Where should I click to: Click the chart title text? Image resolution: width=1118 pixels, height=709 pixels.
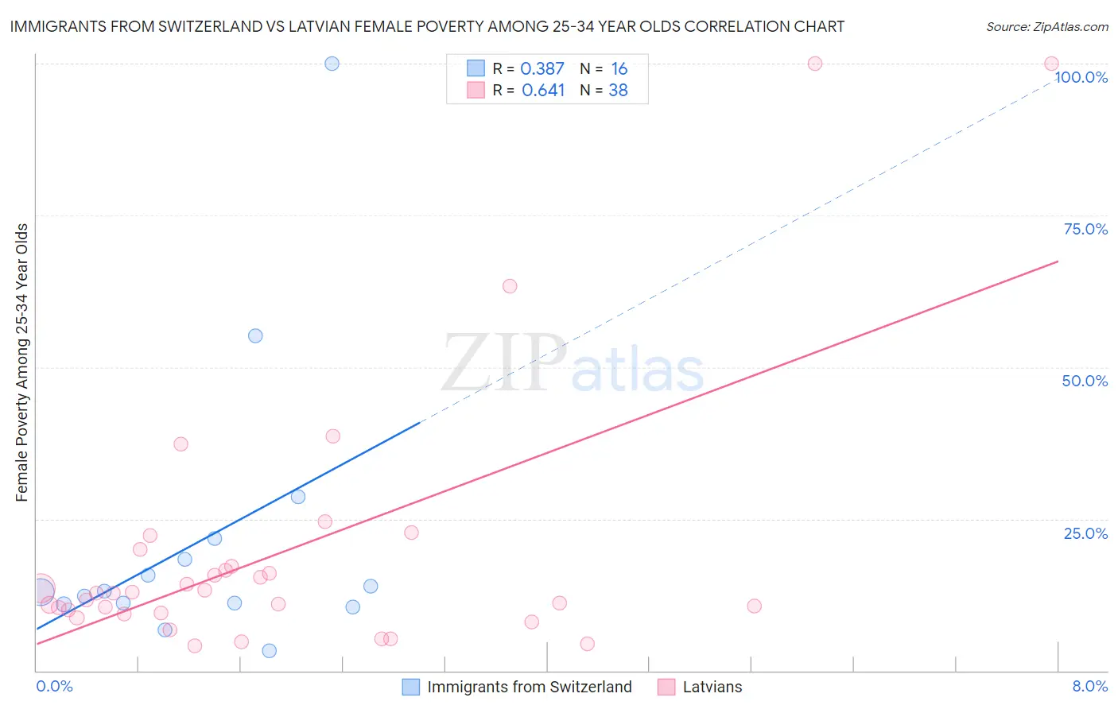tap(427, 26)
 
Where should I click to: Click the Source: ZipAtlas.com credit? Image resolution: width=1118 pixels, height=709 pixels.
tap(1046, 26)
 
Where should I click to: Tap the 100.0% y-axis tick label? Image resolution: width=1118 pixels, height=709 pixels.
tap(1081, 77)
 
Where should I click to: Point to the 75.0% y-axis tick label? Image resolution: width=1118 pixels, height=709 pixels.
tap(1085, 229)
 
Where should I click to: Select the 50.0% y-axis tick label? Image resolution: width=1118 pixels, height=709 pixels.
tap(1085, 381)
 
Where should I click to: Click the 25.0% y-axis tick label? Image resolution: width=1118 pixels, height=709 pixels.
tap(1085, 533)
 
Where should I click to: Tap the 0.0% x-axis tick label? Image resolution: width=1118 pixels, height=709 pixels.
tap(54, 686)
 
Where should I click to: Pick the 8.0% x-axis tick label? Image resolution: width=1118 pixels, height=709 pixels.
tap(1089, 686)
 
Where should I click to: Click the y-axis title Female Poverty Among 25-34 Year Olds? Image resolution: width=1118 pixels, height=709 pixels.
tap(22, 362)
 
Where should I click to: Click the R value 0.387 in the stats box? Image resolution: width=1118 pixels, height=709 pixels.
tap(542, 69)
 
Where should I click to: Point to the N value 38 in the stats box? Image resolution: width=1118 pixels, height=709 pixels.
tap(618, 91)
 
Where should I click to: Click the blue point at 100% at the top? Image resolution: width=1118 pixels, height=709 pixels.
tap(332, 64)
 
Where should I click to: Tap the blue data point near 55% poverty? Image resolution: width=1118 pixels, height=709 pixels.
tap(255, 335)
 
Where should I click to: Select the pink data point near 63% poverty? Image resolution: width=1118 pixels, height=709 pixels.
tap(510, 286)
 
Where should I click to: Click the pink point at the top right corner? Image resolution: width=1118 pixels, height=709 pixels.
tap(1051, 64)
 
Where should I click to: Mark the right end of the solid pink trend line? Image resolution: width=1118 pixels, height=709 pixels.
tap(1058, 261)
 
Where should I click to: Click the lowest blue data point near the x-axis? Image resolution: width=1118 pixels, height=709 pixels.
tap(270, 651)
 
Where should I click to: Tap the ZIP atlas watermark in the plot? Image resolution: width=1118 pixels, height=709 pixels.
tap(573, 364)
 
